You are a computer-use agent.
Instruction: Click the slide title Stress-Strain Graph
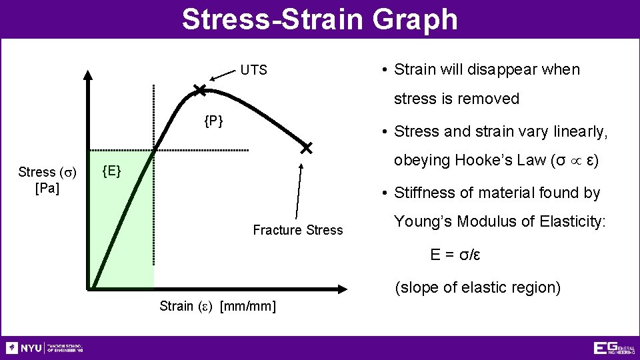click(320, 19)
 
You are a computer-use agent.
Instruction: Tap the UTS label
click(253, 70)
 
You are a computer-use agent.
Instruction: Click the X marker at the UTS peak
click(199, 89)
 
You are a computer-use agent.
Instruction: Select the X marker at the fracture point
click(306, 147)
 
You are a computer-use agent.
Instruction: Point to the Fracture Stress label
click(297, 230)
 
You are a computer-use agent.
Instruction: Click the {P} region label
click(213, 121)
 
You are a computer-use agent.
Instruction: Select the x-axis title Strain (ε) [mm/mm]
click(218, 306)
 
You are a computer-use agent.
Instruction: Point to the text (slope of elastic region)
click(477, 288)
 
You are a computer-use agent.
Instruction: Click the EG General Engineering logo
click(614, 348)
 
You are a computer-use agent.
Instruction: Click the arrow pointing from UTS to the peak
click(220, 77)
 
